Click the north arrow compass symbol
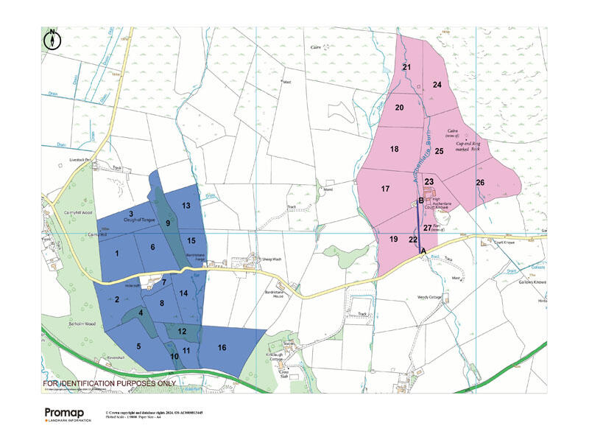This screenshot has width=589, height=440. click(53, 39)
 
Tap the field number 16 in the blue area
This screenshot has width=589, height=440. click(222, 347)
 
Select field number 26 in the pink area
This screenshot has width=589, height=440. click(480, 182)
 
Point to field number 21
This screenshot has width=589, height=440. click(406, 67)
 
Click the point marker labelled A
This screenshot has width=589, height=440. click(422, 251)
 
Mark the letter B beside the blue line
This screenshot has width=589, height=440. click(421, 200)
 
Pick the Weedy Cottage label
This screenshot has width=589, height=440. click(432, 297)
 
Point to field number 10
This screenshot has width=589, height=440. click(174, 357)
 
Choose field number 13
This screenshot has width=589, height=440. click(186, 206)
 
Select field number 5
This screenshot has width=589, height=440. click(138, 346)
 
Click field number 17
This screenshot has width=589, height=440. click(385, 189)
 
